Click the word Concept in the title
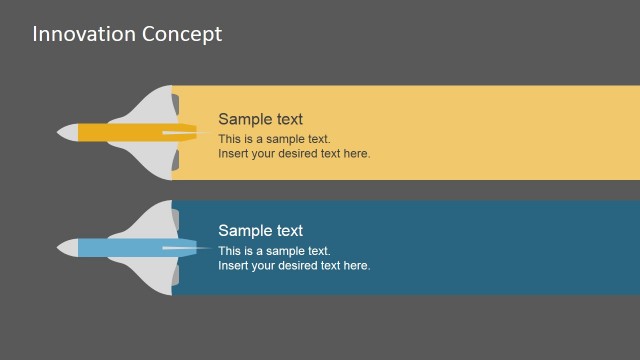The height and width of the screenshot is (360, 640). click(183, 34)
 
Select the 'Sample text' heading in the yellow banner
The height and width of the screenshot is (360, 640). click(260, 119)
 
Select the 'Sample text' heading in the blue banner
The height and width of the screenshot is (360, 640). click(260, 231)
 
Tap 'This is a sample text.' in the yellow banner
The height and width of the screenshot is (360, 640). click(274, 139)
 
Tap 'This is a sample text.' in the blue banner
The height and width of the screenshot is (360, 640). click(274, 251)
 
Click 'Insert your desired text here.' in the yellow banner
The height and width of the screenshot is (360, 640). click(294, 154)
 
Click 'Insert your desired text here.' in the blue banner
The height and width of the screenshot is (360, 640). click(294, 266)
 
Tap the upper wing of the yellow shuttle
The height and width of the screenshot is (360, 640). click(150, 105)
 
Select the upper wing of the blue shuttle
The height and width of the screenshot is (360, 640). click(150, 219)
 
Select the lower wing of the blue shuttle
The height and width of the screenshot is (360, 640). click(150, 273)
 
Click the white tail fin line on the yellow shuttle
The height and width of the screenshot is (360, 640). click(185, 132)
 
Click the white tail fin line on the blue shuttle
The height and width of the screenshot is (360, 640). click(185, 246)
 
